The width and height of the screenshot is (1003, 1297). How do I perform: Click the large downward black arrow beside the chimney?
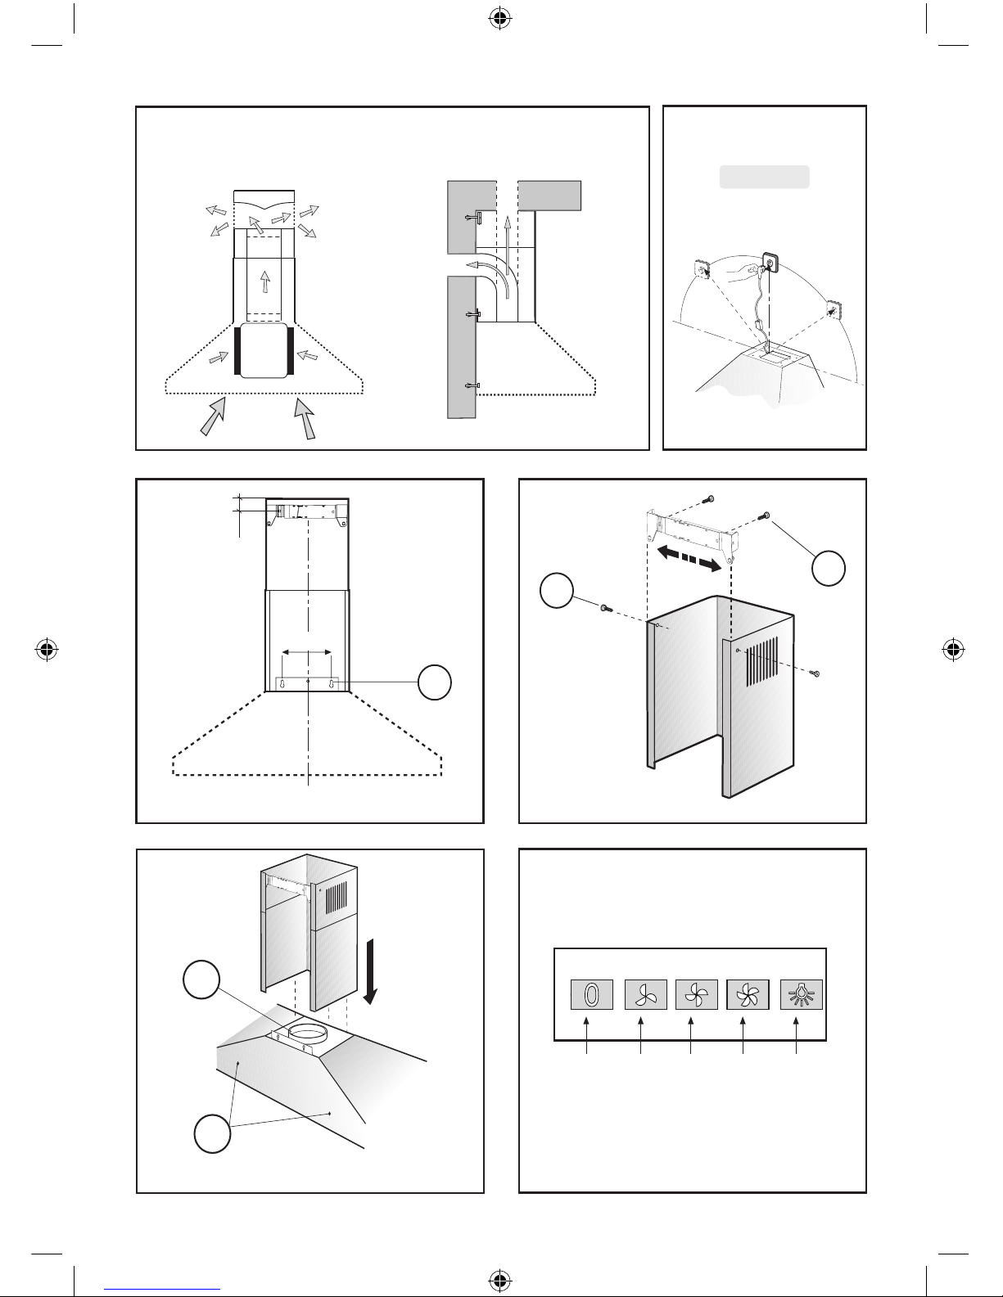(x=372, y=971)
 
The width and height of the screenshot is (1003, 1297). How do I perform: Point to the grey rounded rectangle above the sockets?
(x=764, y=177)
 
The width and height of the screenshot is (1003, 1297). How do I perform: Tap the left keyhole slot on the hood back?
(x=283, y=684)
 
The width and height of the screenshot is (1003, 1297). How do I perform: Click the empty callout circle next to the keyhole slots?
(x=435, y=682)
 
